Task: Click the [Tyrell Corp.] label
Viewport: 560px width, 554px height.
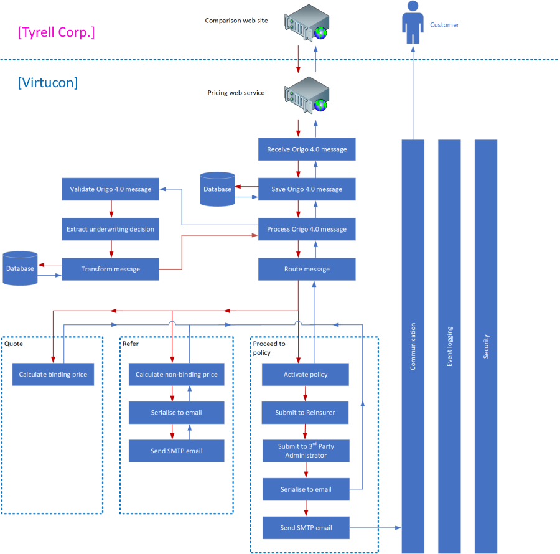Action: point(57,32)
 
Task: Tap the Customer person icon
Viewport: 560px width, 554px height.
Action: point(411,22)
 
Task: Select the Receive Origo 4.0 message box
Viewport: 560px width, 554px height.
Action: point(307,149)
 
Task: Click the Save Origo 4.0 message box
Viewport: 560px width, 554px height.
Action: point(307,189)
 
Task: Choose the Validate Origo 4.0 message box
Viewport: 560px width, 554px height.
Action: point(110,189)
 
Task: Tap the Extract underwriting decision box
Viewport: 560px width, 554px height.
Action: point(110,229)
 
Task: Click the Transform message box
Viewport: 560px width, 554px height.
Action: point(110,269)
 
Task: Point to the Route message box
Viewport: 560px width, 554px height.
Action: point(307,269)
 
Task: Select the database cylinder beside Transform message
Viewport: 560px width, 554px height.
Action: point(20,268)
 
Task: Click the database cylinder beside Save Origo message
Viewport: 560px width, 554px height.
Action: point(218,189)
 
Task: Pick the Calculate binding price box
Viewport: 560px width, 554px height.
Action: point(53,375)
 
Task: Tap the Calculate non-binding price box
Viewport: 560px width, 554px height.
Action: point(176,375)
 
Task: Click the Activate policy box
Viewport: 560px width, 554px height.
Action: point(305,375)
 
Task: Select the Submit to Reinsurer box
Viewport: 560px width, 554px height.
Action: point(305,413)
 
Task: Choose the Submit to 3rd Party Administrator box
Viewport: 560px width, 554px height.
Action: point(305,451)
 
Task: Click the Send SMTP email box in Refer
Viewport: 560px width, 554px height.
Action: point(176,451)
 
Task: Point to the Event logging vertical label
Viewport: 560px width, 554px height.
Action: point(450,346)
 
